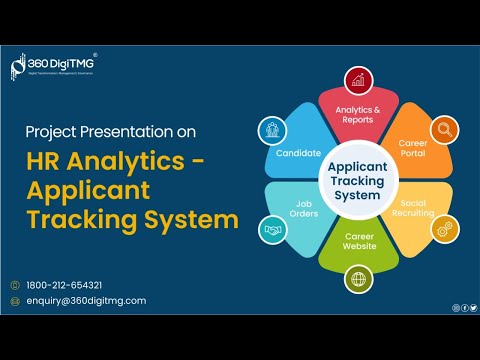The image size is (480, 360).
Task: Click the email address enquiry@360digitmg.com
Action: click(x=86, y=300)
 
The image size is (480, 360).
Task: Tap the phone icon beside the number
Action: click(x=15, y=284)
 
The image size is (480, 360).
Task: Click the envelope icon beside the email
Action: click(x=15, y=300)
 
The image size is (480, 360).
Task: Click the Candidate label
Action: click(x=298, y=153)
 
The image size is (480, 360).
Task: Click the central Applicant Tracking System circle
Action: click(x=356, y=180)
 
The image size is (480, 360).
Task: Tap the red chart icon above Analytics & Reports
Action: click(x=357, y=81)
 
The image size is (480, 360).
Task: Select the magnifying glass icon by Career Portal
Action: click(x=442, y=129)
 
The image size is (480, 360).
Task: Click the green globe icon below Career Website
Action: click(x=357, y=280)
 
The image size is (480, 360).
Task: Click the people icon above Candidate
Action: click(x=272, y=129)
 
